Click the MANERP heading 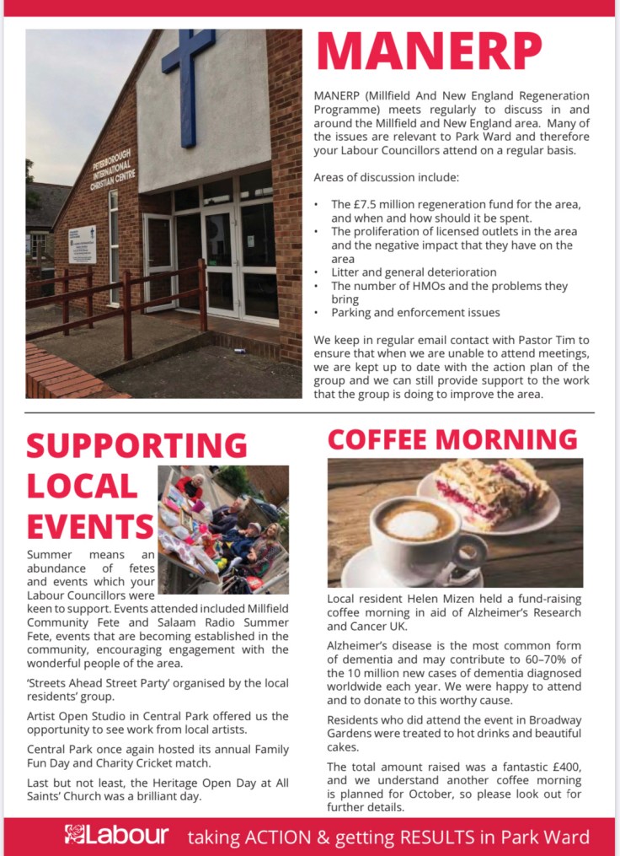430,51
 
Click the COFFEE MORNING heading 452,439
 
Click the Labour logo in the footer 117,835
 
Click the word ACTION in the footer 268,837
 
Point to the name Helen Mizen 437,599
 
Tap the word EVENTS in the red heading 88,527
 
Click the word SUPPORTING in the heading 137,445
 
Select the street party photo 223,530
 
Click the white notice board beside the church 82,244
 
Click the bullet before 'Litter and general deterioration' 316,272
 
